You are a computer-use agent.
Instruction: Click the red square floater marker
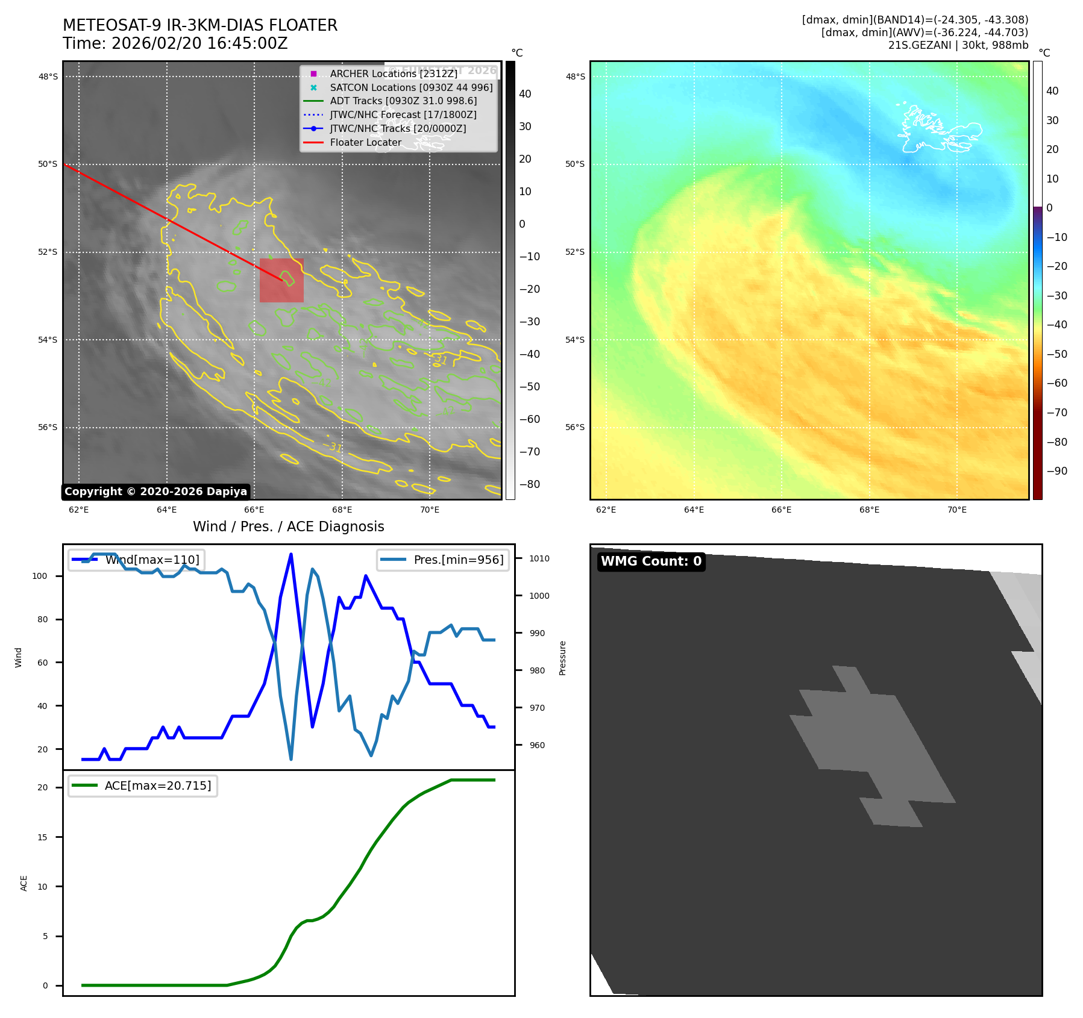coord(281,280)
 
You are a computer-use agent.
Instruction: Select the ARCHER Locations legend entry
coord(393,73)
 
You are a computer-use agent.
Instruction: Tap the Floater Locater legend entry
coord(365,143)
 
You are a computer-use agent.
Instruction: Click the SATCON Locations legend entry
coord(411,87)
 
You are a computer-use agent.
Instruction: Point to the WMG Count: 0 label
coord(651,561)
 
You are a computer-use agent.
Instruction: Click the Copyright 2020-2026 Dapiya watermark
coord(155,492)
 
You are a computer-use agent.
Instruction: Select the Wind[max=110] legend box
coord(136,560)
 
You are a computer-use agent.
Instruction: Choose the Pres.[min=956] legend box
coord(443,560)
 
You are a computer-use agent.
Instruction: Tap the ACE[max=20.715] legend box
coord(143,785)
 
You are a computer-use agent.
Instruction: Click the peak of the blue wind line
coord(291,554)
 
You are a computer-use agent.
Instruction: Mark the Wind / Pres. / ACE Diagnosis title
coord(288,526)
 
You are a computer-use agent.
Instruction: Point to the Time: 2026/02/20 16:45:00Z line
coord(175,43)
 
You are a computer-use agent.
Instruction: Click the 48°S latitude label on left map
coord(48,77)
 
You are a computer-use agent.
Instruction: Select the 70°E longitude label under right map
coord(956,510)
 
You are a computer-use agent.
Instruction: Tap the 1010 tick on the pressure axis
coord(539,558)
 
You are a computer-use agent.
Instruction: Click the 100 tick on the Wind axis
coord(40,576)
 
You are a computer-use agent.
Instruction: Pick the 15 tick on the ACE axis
coord(42,837)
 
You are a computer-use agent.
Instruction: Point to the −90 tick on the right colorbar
coord(1056,471)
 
